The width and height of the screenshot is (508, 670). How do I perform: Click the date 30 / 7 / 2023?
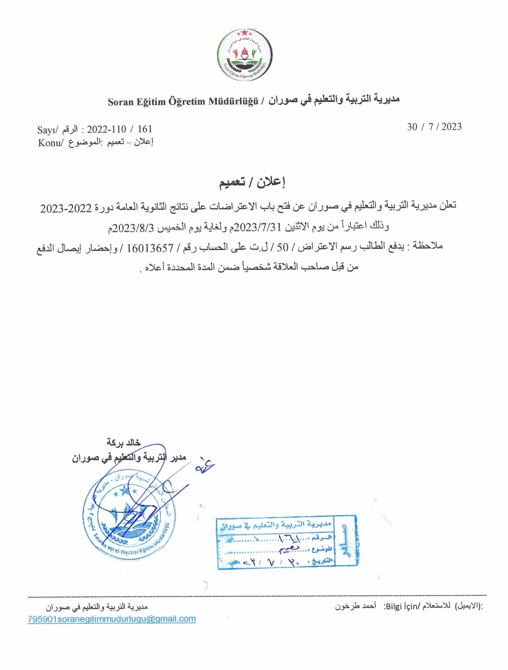coord(434,127)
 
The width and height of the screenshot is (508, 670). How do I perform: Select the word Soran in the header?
coord(121,102)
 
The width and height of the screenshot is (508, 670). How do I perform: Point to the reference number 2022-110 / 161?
coord(120,129)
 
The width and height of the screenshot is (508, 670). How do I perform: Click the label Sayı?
coord(46,130)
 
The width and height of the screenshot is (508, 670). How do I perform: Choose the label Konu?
coord(49,143)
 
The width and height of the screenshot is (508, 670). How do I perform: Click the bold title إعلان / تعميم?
coord(252,182)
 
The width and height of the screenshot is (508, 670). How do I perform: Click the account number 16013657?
coord(150,248)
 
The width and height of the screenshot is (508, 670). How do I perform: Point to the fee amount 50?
coord(282,248)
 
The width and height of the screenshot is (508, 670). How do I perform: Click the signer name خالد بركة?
coord(123,442)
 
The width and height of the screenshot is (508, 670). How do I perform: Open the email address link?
coord(112,619)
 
